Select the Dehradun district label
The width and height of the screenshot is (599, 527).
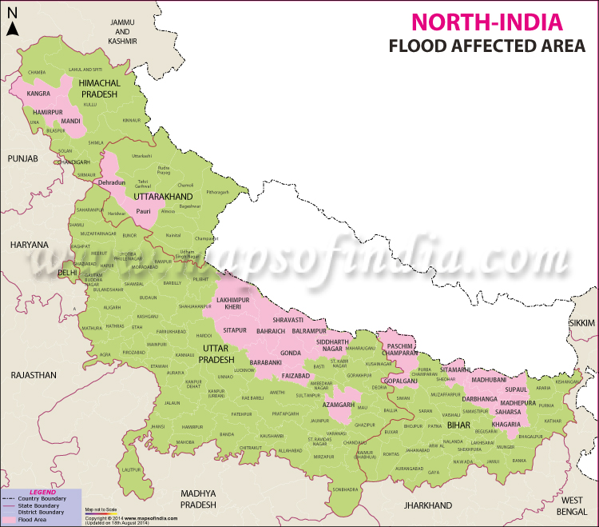point(112,183)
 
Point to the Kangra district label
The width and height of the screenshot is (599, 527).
point(38,94)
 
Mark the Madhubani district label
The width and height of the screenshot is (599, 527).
point(489,381)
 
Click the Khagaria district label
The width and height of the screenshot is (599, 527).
point(506,423)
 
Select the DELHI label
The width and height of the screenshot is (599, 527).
point(68,273)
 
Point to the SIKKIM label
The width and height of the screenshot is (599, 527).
point(582,321)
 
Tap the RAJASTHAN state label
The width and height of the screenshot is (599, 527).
point(33,374)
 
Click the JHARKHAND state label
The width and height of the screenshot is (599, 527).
point(428,506)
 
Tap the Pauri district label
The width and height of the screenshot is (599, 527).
point(143,211)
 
